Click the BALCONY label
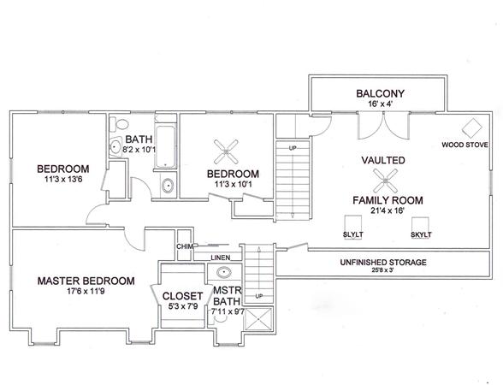click(380, 93)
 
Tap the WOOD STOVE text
click(465, 145)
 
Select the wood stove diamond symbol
click(472, 127)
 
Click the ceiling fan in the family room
click(385, 181)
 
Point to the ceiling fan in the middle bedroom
click(226, 151)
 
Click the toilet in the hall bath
click(119, 124)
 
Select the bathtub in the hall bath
click(166, 146)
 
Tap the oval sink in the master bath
click(224, 272)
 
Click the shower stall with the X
click(258, 319)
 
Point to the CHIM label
click(185, 246)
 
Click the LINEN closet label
click(221, 258)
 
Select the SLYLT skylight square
click(352, 224)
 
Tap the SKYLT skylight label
click(421, 234)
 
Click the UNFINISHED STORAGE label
click(383, 263)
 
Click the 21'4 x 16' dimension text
click(388, 210)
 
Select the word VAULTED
click(383, 160)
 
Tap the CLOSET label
click(182, 296)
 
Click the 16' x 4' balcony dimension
click(381, 104)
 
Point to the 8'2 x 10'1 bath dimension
click(139, 150)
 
